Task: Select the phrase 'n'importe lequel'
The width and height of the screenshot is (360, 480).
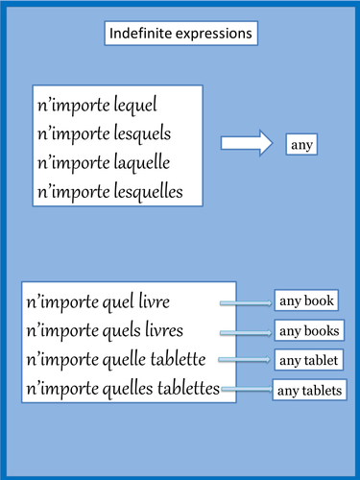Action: pos(96,104)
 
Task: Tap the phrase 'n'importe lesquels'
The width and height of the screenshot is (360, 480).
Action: pos(104,133)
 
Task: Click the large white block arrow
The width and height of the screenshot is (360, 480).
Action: pos(247,145)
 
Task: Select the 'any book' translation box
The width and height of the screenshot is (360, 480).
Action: pos(306,301)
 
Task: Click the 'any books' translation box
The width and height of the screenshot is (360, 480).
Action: pos(309,332)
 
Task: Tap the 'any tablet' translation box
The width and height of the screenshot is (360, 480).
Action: pos(306,361)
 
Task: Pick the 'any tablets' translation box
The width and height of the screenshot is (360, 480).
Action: pos(310,391)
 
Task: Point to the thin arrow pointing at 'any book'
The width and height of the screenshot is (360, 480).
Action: pos(248,304)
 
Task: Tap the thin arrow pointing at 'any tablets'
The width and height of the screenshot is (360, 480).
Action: pos(246,390)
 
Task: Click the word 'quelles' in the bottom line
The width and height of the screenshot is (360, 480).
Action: pos(128,389)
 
